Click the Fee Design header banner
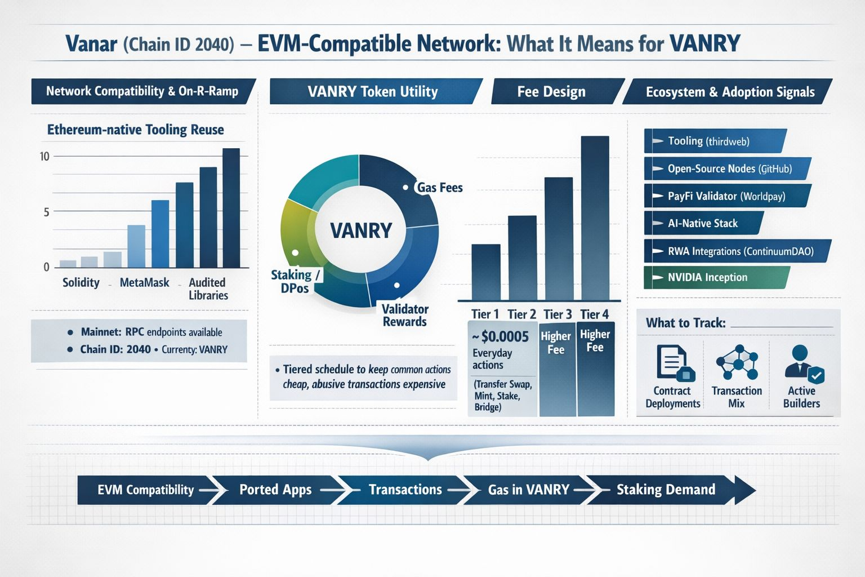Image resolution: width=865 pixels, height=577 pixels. click(552, 91)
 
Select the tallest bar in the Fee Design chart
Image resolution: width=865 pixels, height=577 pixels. click(595, 217)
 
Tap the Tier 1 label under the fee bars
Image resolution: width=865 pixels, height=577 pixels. click(485, 314)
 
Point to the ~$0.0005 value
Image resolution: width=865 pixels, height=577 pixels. click(501, 336)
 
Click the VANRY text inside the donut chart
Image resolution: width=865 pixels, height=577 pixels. click(361, 230)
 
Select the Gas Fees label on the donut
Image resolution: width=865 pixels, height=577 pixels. click(440, 188)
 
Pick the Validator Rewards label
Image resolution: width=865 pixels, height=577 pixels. click(405, 315)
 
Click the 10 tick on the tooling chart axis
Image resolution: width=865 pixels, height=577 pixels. click(44, 156)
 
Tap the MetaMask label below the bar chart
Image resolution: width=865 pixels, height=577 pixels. click(144, 282)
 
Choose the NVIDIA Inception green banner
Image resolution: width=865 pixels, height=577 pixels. click(715, 277)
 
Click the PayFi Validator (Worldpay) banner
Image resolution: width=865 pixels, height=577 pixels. click(726, 196)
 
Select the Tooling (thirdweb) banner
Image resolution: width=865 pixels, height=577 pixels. click(714, 141)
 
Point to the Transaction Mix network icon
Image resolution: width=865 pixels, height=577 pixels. click(737, 363)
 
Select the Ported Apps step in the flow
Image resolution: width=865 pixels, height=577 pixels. click(275, 490)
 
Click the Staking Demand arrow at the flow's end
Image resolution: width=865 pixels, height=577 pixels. click(670, 490)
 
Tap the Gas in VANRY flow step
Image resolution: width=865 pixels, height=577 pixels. click(528, 490)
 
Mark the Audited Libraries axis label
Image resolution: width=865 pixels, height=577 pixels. click(208, 288)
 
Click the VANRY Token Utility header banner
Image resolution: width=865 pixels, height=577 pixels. click(373, 91)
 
